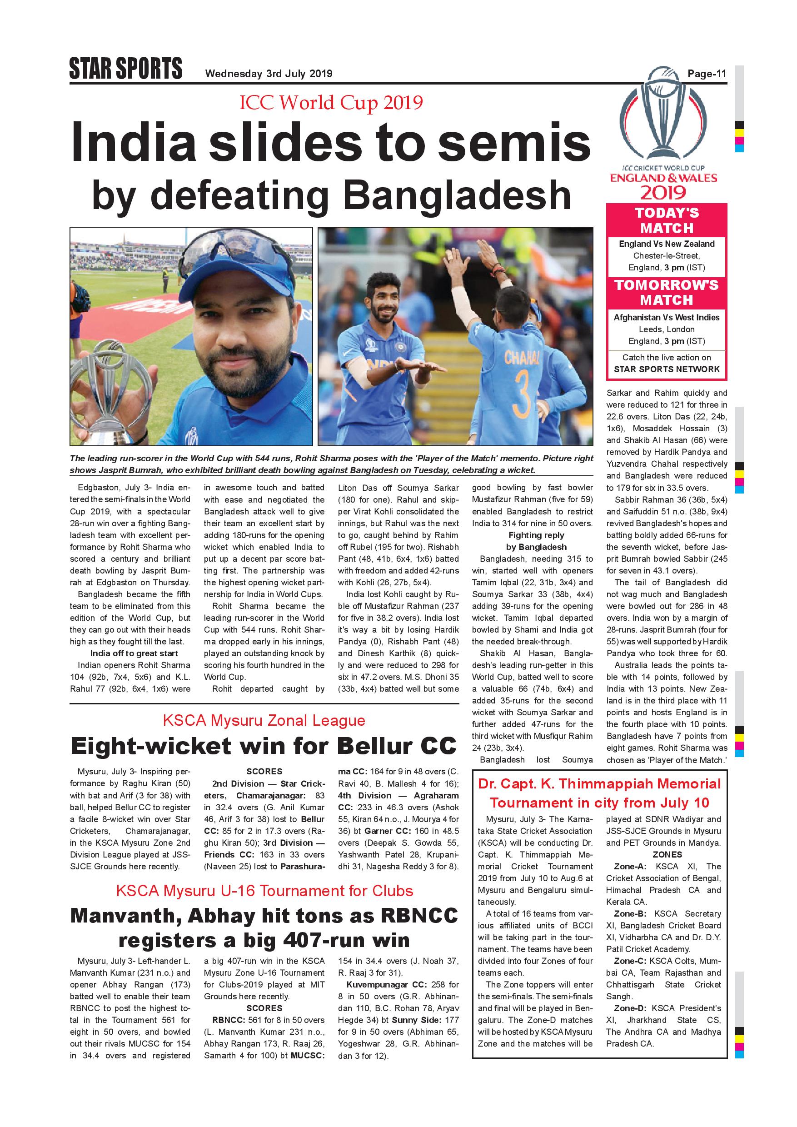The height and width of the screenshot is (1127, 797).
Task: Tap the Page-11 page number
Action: coord(706,74)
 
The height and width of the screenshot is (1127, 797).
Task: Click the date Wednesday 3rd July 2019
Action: coord(269,74)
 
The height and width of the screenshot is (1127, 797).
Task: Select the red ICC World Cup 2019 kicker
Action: coord(331,103)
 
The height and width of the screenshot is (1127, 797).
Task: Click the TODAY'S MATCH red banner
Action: coord(667,220)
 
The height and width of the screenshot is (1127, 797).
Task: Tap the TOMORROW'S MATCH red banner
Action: coord(667,293)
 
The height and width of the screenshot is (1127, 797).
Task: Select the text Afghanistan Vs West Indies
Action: coord(667,318)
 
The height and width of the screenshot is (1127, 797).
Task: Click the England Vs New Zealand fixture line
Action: coord(667,244)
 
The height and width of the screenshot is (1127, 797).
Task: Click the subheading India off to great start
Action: coord(134,653)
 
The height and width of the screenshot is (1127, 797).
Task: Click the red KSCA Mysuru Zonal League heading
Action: coord(264,721)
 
